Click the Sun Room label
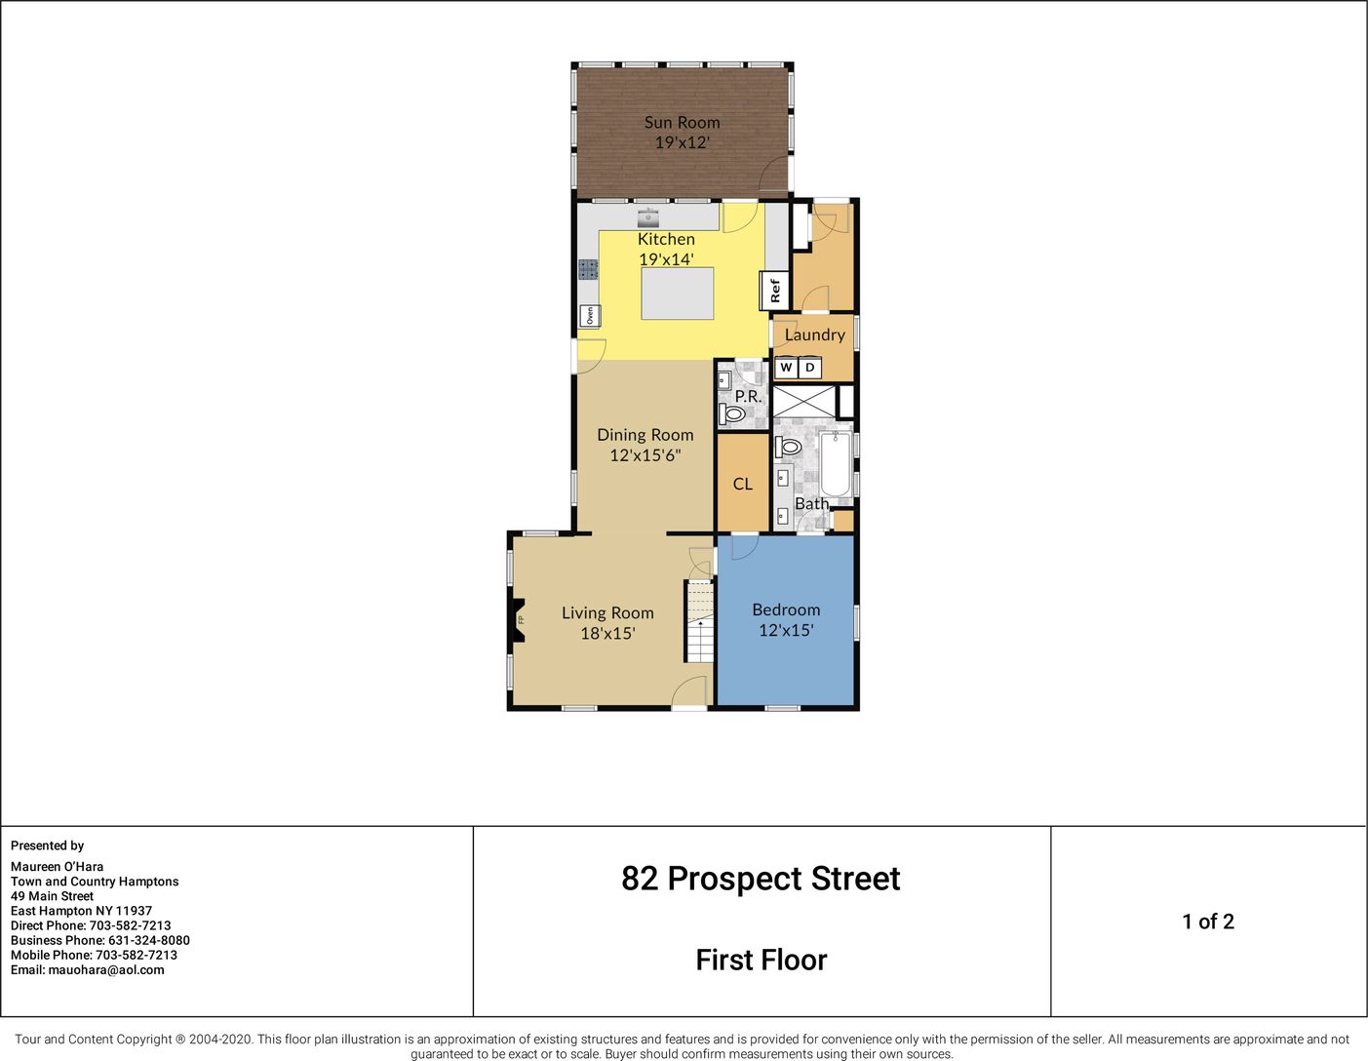[x=682, y=122]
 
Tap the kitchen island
[x=678, y=294]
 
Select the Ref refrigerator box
[x=775, y=290]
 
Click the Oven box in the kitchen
[x=590, y=315]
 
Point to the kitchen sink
[x=647, y=217]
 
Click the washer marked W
[x=786, y=368]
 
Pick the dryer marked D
[x=810, y=368]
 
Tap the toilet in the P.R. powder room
[x=732, y=414]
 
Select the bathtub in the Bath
[x=836, y=464]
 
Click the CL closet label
[x=743, y=484]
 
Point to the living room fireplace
[x=517, y=619]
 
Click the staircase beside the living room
[x=699, y=621]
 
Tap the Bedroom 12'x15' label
[x=786, y=619]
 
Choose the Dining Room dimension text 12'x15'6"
[x=645, y=454]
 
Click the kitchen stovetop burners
[x=589, y=269]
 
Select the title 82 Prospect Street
[x=761, y=879]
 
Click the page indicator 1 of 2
[x=1208, y=922]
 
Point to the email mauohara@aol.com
[x=88, y=969]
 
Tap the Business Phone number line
[x=100, y=940]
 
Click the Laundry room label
[x=814, y=334]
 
